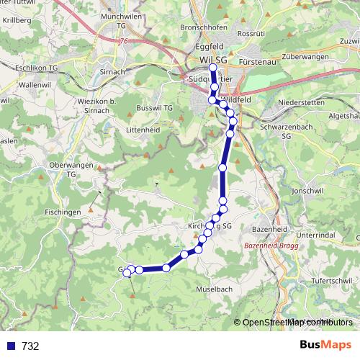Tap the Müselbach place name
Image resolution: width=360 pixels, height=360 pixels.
tap(214, 289)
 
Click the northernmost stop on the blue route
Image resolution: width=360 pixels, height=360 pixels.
tap(212, 68)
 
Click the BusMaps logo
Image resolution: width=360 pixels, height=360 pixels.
tap(325, 345)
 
